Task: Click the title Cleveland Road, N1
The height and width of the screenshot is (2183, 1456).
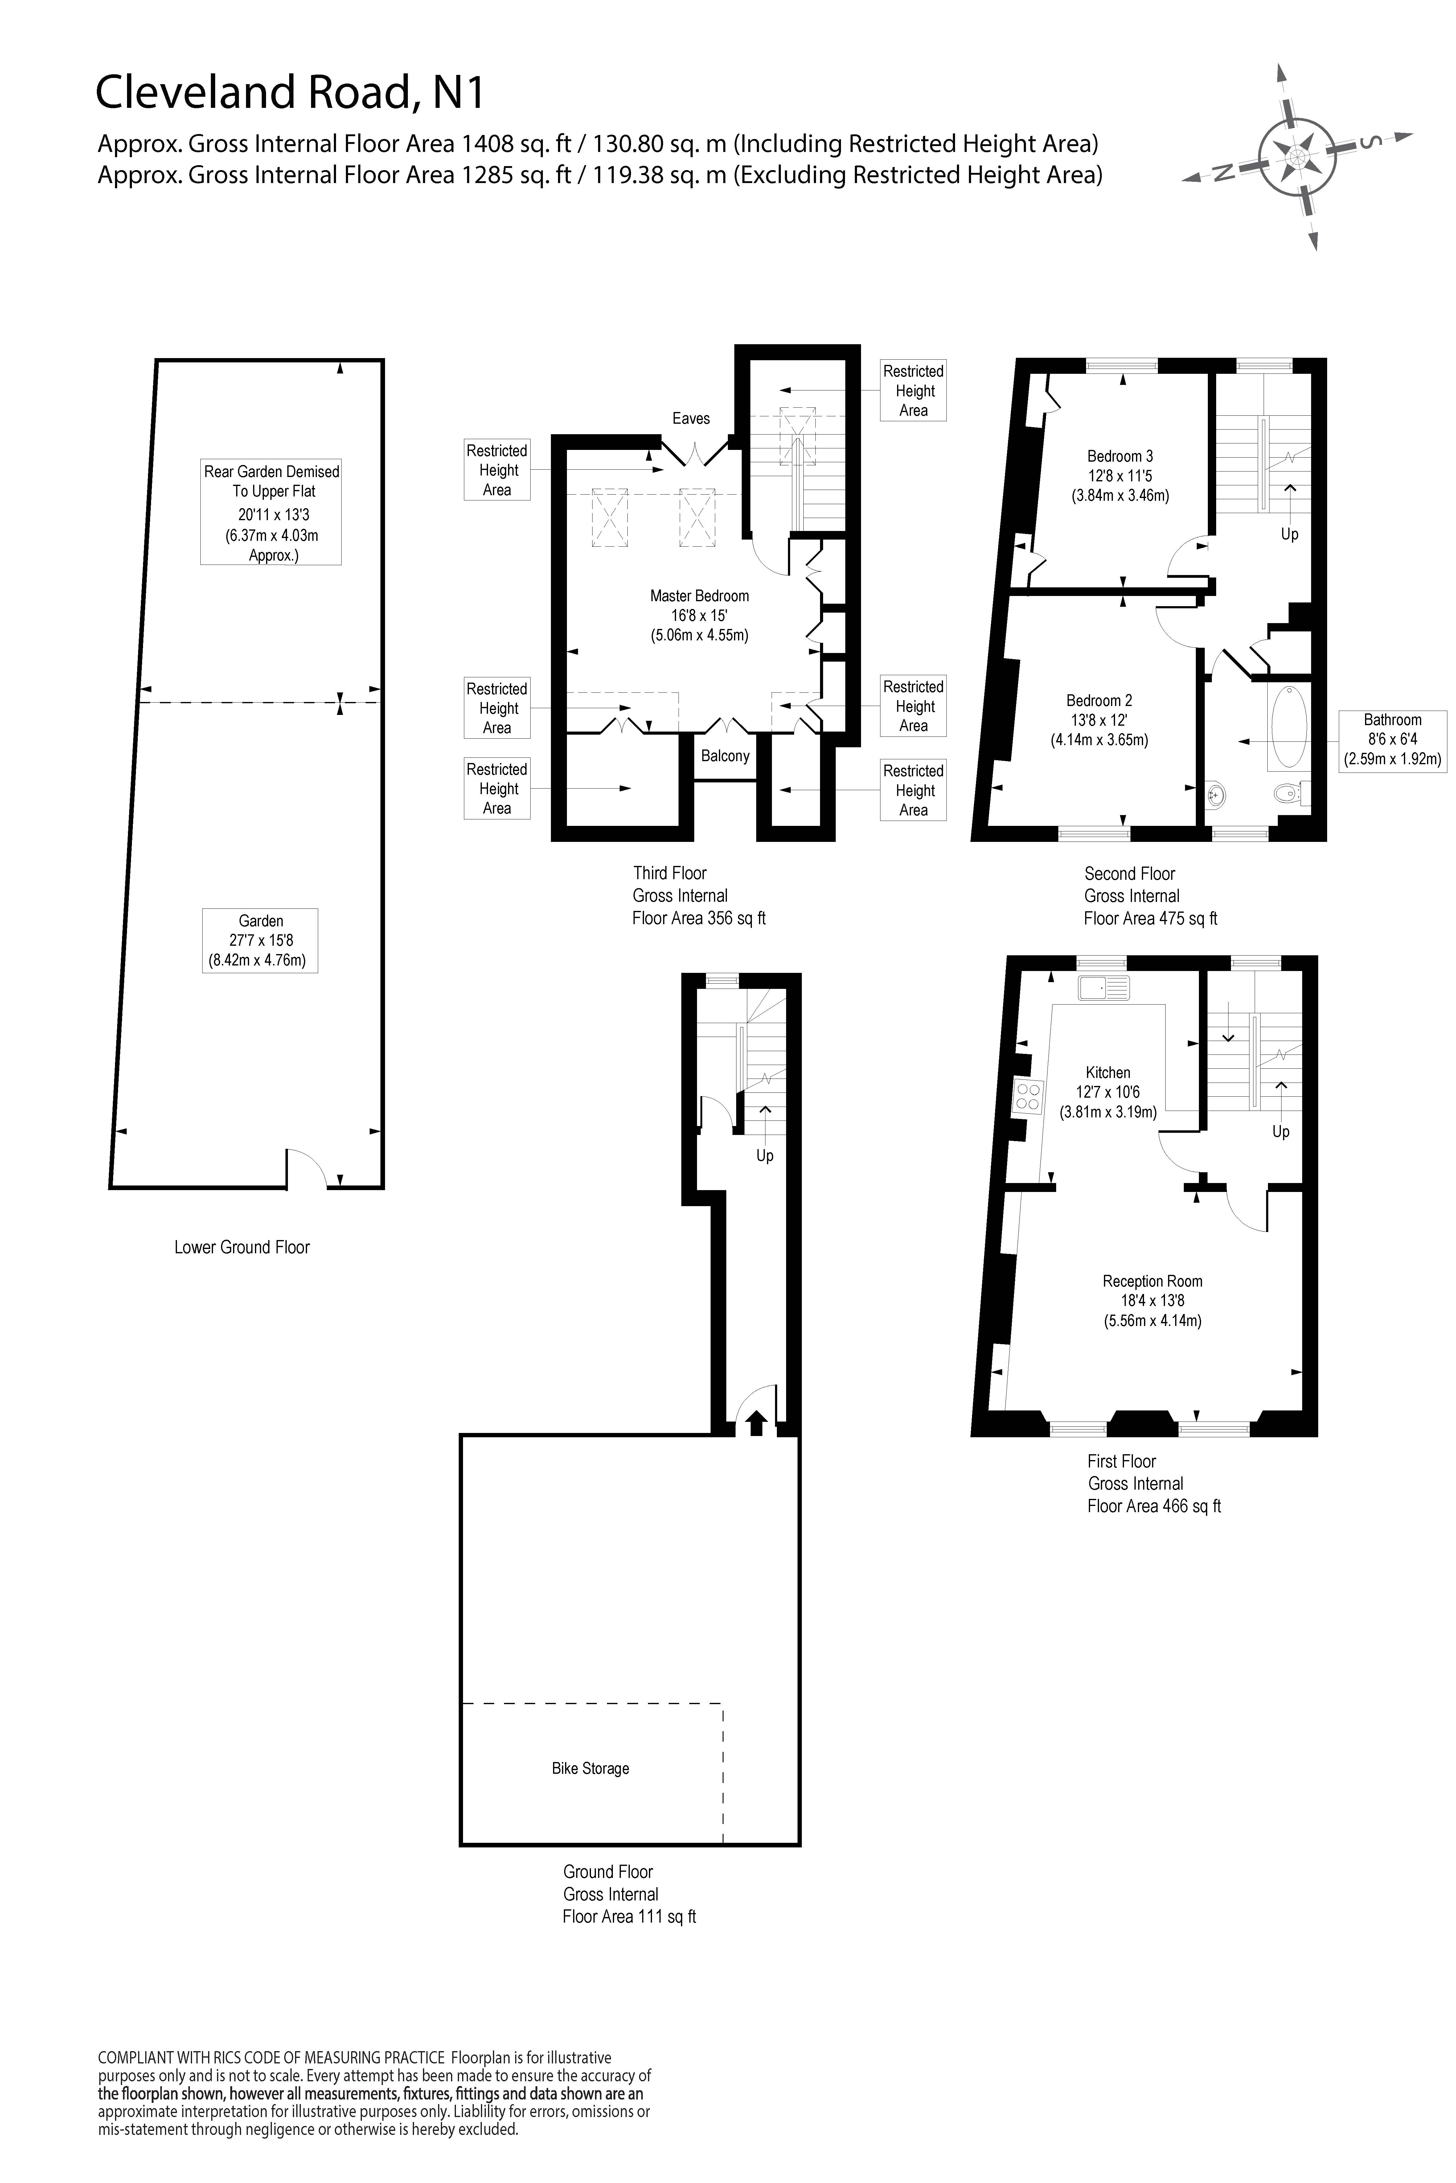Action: [290, 93]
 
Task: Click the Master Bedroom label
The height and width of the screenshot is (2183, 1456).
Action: [699, 596]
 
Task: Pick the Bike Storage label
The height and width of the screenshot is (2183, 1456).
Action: [591, 1768]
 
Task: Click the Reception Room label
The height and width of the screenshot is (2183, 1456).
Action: [1152, 1281]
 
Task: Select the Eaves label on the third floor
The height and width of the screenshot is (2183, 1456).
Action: [691, 418]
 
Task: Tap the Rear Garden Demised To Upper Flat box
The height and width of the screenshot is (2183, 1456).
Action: [271, 512]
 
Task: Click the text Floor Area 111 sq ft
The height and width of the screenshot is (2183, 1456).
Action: [629, 1917]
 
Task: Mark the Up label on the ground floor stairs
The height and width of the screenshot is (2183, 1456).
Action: [764, 1156]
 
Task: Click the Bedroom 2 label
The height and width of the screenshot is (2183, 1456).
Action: [1099, 701]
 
